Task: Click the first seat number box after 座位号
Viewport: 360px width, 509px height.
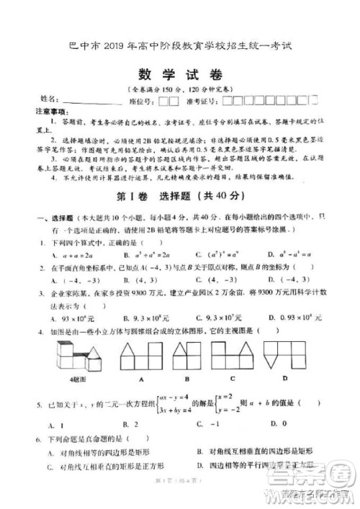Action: tap(164, 101)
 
